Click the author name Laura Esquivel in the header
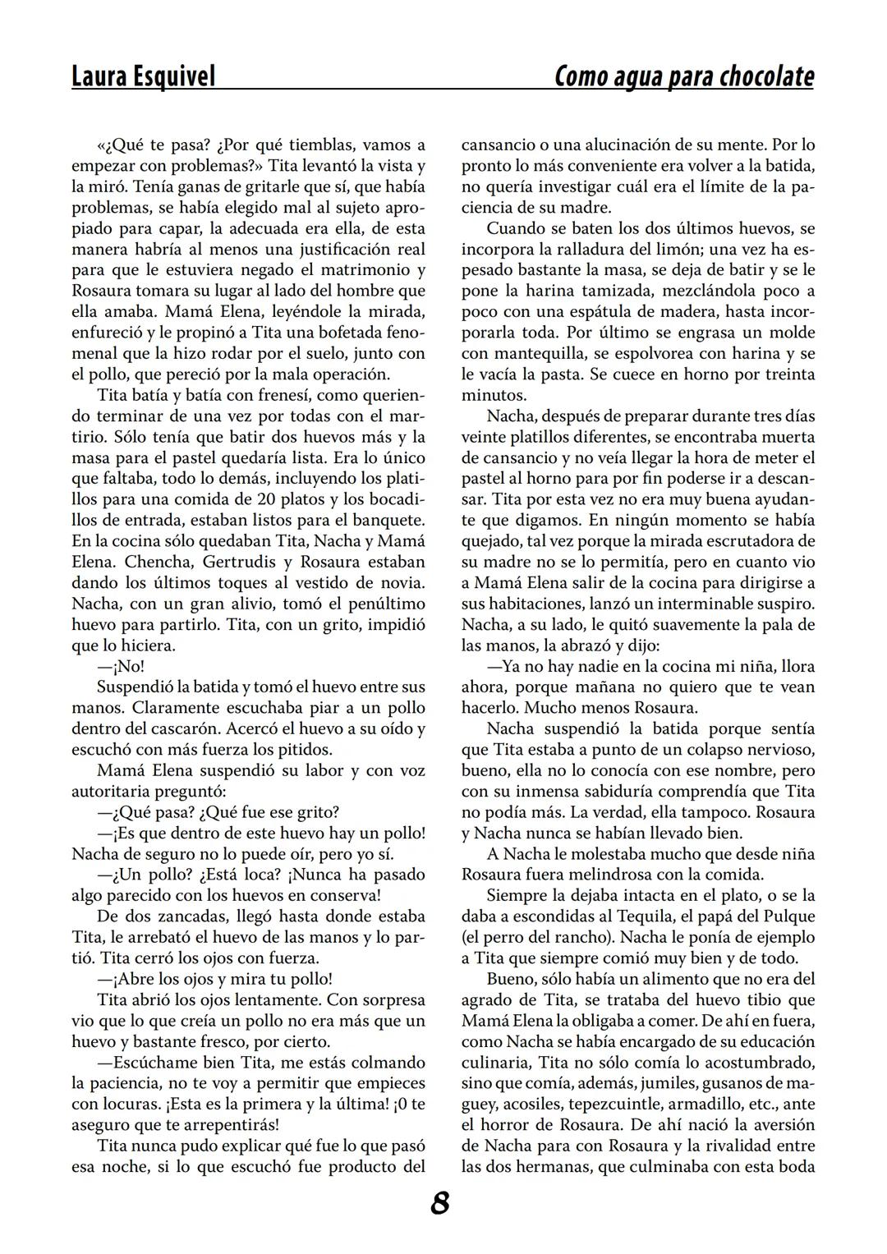(x=144, y=76)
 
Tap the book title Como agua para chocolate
(x=684, y=76)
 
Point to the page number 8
(x=440, y=1204)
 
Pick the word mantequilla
(x=543, y=354)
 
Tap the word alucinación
(x=625, y=145)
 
